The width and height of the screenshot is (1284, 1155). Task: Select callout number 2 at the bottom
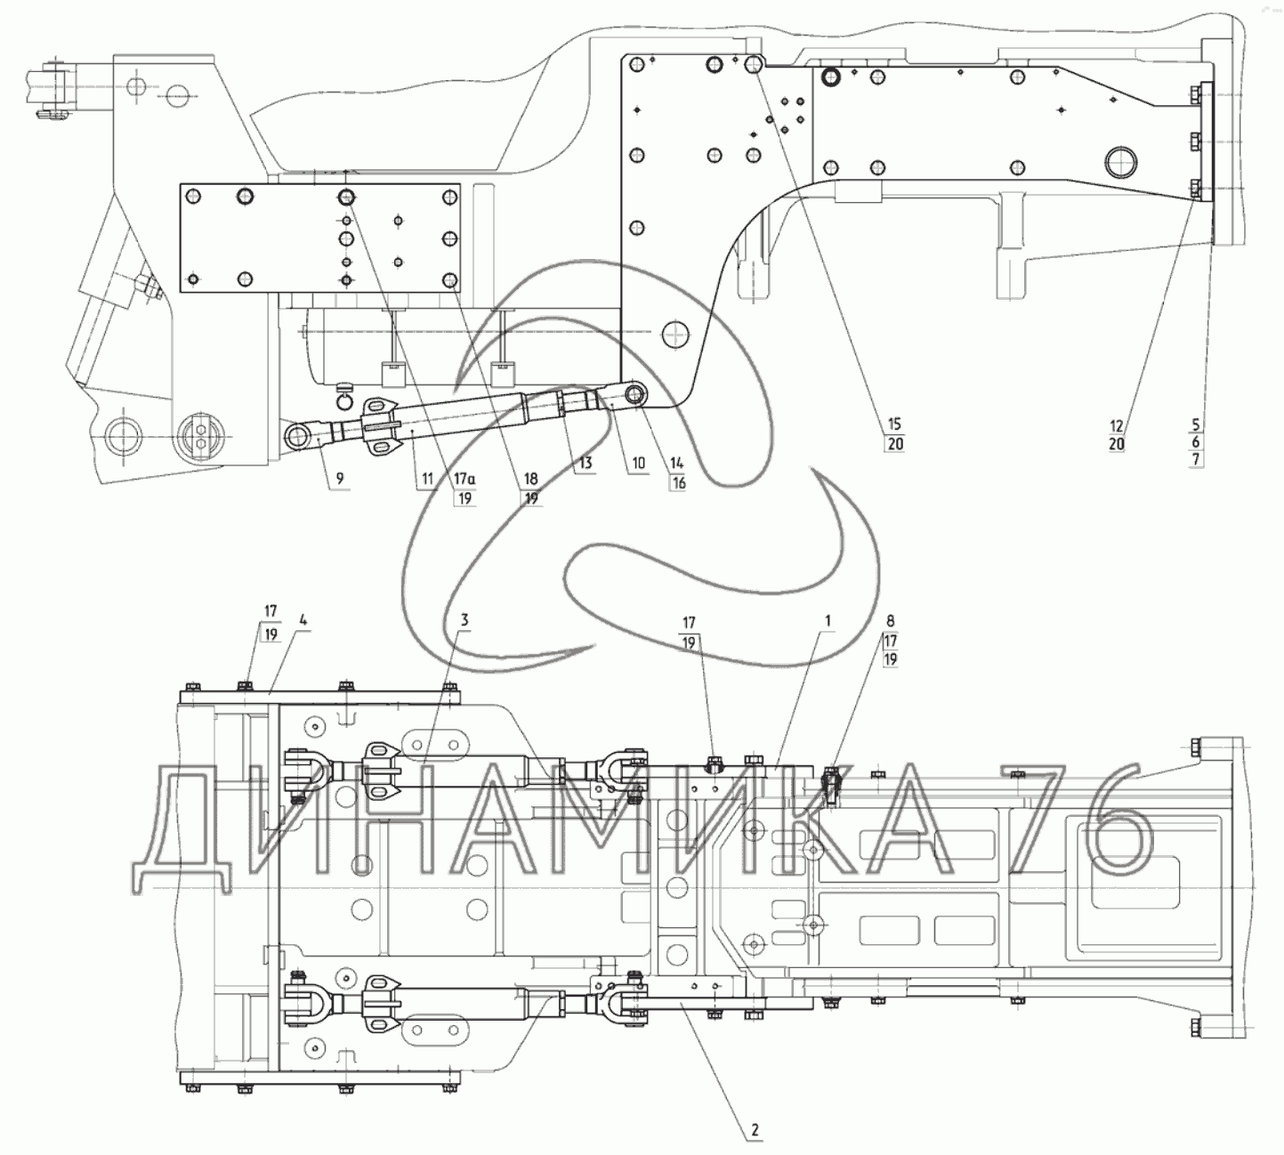754,1131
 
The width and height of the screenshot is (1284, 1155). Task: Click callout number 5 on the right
1197,425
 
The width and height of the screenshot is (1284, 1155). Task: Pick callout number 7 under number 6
1197,459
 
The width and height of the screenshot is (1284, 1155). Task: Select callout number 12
1117,425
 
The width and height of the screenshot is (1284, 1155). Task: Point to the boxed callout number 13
584,464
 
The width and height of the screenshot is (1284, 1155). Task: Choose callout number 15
894,425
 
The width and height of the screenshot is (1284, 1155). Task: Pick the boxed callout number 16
678,481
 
